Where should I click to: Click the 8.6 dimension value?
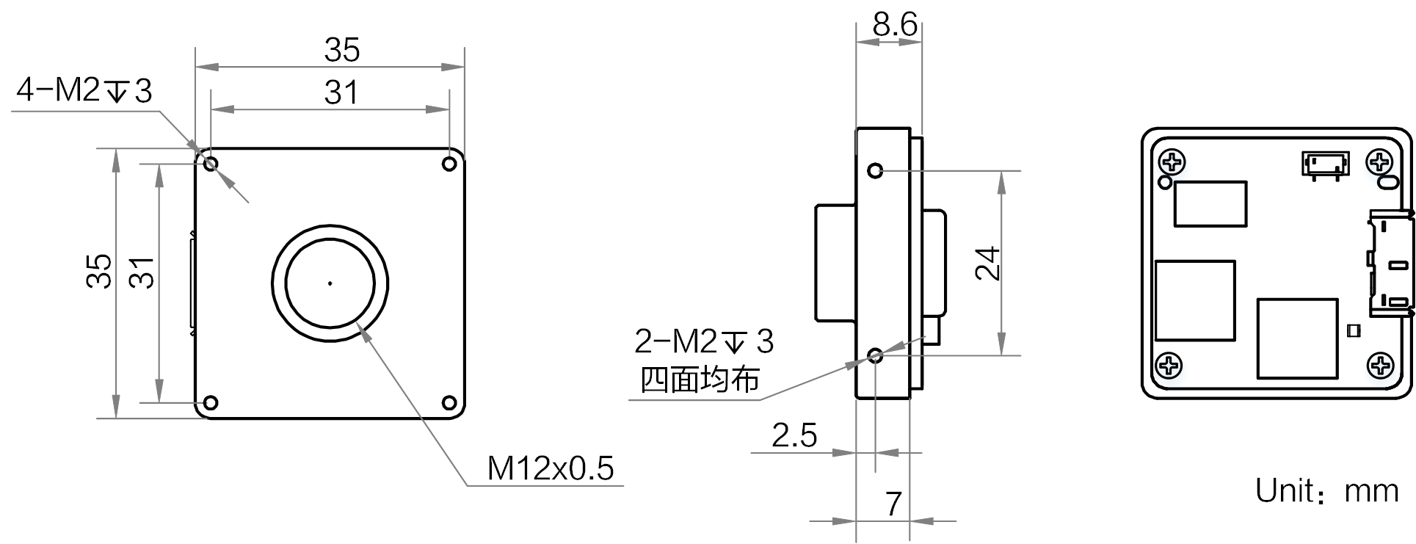[895, 26]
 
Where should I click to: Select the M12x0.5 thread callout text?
[551, 468]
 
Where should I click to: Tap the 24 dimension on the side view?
[988, 264]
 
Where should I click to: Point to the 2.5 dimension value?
[794, 435]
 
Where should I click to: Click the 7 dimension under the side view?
[893, 504]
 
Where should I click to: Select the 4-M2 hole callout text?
[84, 91]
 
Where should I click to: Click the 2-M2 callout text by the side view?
[704, 341]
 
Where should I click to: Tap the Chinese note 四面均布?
[700, 380]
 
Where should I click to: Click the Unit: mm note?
[1327, 490]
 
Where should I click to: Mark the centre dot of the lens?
[330, 283]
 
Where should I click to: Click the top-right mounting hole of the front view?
[450, 164]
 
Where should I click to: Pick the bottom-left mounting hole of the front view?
[211, 403]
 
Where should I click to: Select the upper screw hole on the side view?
[875, 172]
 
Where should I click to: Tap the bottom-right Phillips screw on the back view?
[1381, 364]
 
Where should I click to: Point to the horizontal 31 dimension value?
[342, 93]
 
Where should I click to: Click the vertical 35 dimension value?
[99, 271]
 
